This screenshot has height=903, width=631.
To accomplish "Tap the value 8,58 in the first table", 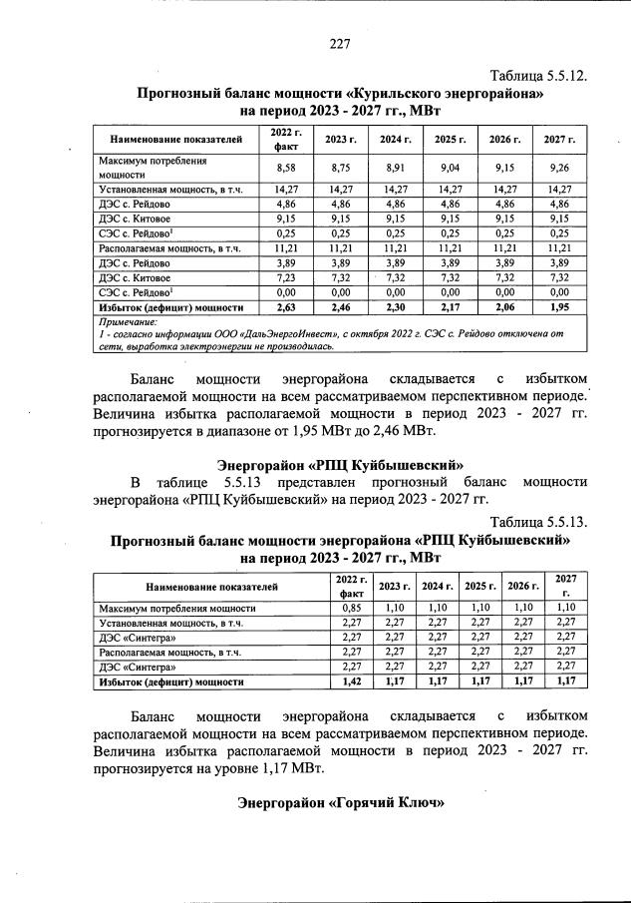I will click(285, 168).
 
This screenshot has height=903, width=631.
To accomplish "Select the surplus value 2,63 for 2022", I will click(285, 308).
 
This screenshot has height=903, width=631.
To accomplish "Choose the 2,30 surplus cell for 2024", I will click(396, 308).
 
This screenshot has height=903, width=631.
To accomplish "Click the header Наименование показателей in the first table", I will click(175, 139).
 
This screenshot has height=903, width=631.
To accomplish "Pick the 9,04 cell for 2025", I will click(450, 168).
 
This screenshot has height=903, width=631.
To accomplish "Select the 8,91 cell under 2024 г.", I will click(396, 168).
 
